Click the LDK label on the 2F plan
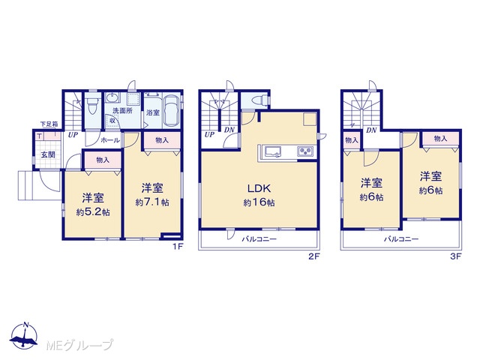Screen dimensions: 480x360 pyautogui.click(x=259, y=188)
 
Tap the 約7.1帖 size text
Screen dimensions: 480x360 pyautogui.click(x=152, y=202)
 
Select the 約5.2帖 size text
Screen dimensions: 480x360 pyautogui.click(x=93, y=212)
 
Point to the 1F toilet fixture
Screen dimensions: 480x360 pyautogui.click(x=91, y=106)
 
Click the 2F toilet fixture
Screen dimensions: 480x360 pyautogui.click(x=259, y=100)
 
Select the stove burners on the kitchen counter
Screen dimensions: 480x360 pyautogui.click(x=305, y=151)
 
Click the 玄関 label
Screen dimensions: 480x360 pyautogui.click(x=48, y=155)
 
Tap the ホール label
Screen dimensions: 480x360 pyautogui.click(x=110, y=140)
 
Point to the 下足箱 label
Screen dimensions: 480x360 pyautogui.click(x=49, y=124)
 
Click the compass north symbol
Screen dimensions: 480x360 pyautogui.click(x=24, y=335)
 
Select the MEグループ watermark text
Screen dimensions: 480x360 pyautogui.click(x=79, y=345)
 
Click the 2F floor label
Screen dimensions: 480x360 pyautogui.click(x=313, y=256)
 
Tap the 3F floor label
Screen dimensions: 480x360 pyautogui.click(x=456, y=256)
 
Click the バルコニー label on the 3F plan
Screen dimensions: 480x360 pyautogui.click(x=401, y=239)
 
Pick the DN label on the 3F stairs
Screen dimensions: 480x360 pyautogui.click(x=371, y=130)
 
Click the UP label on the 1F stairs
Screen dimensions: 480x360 pyautogui.click(x=73, y=135)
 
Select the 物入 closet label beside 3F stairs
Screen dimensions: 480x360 pyautogui.click(x=352, y=140)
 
